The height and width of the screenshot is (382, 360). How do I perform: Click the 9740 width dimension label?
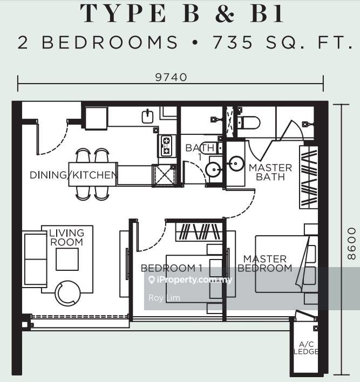(171, 77)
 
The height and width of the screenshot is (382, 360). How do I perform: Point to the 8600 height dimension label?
(351, 243)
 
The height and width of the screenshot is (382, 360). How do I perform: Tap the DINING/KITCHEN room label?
(73, 175)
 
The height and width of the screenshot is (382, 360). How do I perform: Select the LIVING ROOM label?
(66, 237)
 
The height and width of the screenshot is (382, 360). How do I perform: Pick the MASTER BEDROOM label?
(264, 263)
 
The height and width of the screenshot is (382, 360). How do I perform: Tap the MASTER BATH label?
(270, 172)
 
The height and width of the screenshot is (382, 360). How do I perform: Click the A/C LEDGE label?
(305, 348)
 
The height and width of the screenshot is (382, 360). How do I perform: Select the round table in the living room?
(67, 293)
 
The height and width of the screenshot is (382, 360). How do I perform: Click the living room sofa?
(35, 258)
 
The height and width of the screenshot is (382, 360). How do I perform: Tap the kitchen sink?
(148, 116)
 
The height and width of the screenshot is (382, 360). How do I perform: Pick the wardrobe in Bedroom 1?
(199, 232)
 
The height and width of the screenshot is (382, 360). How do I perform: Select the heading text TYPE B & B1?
(182, 14)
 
